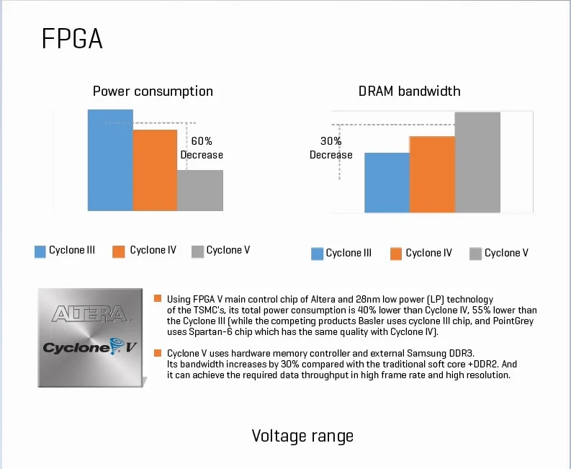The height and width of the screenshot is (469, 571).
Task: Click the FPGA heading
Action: click(72, 40)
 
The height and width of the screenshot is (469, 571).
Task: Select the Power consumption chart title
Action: click(153, 91)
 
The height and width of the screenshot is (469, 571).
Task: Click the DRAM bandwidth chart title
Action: click(409, 91)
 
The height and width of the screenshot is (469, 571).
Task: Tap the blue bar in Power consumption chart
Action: click(110, 160)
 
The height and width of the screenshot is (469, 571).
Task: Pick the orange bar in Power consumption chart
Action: click(155, 170)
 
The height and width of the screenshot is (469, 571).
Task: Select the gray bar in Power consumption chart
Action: click(200, 190)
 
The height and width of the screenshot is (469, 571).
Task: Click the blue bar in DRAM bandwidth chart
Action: click(387, 183)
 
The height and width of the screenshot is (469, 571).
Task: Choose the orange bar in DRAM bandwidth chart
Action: click(432, 174)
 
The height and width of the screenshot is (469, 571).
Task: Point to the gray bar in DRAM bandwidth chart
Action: click(477, 162)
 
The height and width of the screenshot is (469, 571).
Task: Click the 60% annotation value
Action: click(202, 142)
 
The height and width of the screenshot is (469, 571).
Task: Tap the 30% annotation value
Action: click(331, 141)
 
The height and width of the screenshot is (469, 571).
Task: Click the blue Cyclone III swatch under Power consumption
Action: click(40, 251)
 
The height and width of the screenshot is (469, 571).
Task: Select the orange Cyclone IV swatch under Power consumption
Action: click(119, 251)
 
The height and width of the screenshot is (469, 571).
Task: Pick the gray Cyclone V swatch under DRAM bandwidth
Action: click(475, 254)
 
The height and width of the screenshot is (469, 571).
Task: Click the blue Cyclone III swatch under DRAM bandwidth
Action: click(317, 254)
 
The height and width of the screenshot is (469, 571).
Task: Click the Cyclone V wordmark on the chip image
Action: click(90, 347)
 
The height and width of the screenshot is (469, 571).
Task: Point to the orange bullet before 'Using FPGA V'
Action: click(158, 298)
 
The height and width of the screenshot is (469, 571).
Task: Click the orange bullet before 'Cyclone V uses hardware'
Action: click(158, 352)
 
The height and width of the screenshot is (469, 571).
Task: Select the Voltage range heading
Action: click(302, 436)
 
